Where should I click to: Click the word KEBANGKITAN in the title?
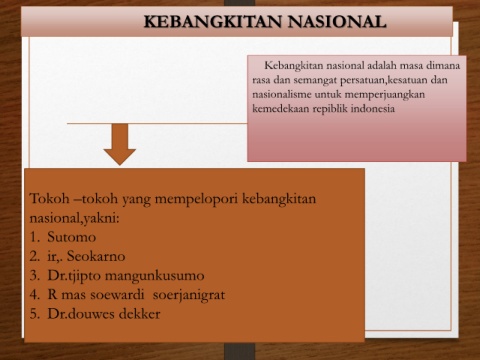213,22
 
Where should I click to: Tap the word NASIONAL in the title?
337,22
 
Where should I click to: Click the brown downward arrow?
120,144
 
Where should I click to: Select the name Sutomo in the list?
72,237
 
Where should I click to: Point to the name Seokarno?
96,256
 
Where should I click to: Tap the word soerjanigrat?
189,295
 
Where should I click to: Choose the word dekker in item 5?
140,314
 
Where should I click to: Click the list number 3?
34,276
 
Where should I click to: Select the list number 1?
34,237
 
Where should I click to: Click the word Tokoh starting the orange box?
49,199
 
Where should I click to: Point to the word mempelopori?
196,200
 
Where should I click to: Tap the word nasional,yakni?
75,219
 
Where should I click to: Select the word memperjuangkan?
385,95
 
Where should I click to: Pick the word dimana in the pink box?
443,65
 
